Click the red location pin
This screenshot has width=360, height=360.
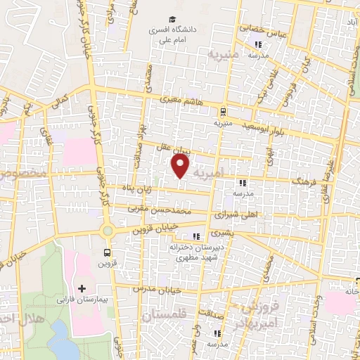click(181, 167)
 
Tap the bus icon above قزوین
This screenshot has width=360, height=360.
click(107, 252)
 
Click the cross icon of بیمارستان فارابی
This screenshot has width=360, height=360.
click(82, 288)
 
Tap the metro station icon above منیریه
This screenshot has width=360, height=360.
click(222, 111)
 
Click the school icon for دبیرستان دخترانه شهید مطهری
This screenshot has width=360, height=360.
click(196, 236)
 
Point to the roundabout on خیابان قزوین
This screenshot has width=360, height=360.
click(107, 230)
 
